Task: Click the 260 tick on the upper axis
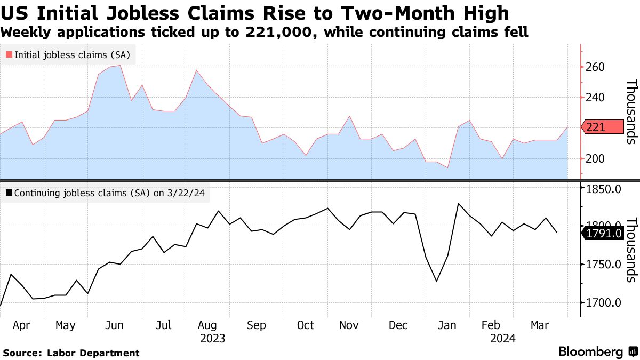tap(595, 67)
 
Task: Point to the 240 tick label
tap(595, 98)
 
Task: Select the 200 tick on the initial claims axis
tap(595, 159)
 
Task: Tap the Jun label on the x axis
tap(114, 325)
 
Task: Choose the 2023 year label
tap(213, 338)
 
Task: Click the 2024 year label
tap(503, 338)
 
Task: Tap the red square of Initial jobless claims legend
tap(9, 54)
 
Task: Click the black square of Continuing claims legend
tap(9, 193)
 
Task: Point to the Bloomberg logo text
tap(591, 352)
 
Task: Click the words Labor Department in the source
tap(93, 353)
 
